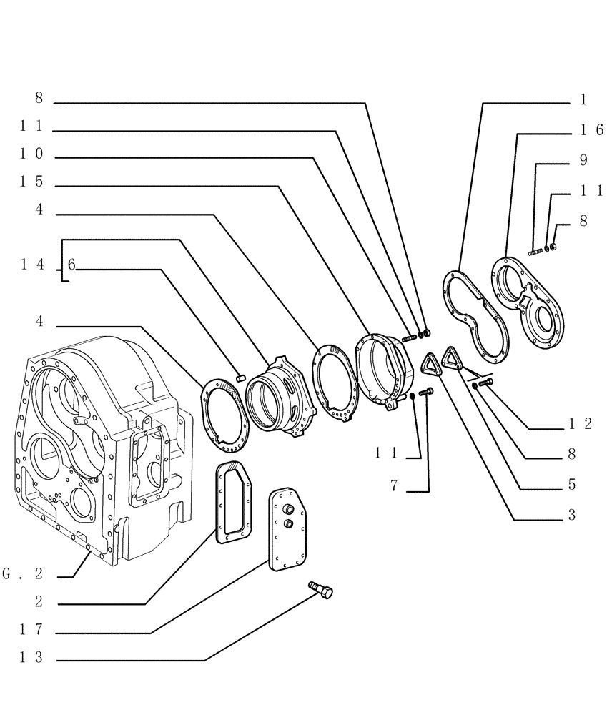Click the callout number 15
click(x=31, y=182)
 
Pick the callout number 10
click(x=31, y=154)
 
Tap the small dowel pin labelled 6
click(x=241, y=371)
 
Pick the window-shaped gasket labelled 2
click(x=234, y=501)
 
